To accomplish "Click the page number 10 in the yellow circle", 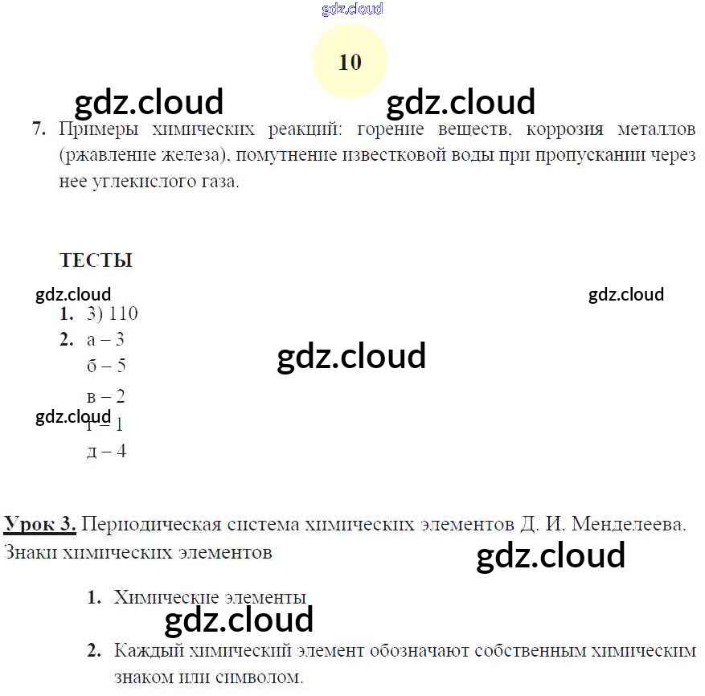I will (x=350, y=62).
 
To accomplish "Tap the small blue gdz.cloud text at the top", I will (x=352, y=9).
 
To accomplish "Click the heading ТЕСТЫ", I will (x=96, y=260).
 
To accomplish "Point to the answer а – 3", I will (x=105, y=340).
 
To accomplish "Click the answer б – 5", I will (x=106, y=366).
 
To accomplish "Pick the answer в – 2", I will (x=105, y=396).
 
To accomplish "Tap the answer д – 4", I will (x=106, y=451).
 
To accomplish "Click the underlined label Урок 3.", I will (x=40, y=525).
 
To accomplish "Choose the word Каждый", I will (x=144, y=650).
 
